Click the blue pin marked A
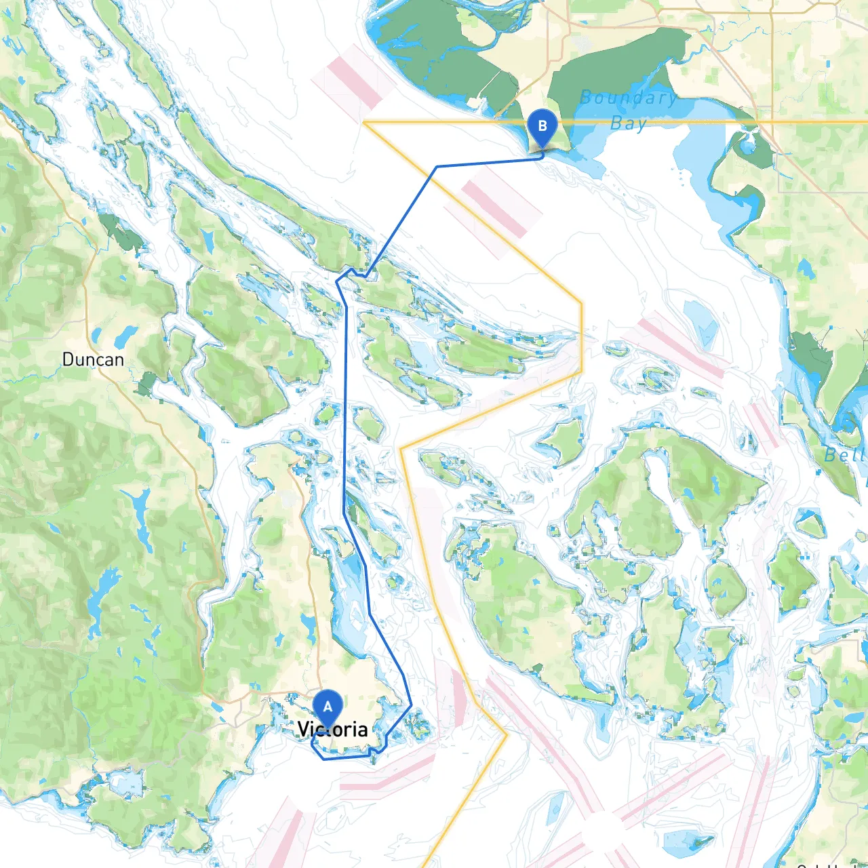pos(328,708)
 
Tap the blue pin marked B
pos(542,127)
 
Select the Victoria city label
pos(333,730)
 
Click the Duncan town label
pos(93,359)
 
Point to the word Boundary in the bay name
pos(628,98)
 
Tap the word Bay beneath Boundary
pos(628,123)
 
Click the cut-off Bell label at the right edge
pos(845,454)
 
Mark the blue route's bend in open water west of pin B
pos(437,166)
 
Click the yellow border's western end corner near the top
pos(364,123)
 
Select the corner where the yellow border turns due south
pos(581,302)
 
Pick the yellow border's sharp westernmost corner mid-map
pos(401,448)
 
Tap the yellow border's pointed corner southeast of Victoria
pos(506,734)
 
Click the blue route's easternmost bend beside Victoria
pos(411,705)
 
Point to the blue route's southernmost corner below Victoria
pos(324,759)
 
